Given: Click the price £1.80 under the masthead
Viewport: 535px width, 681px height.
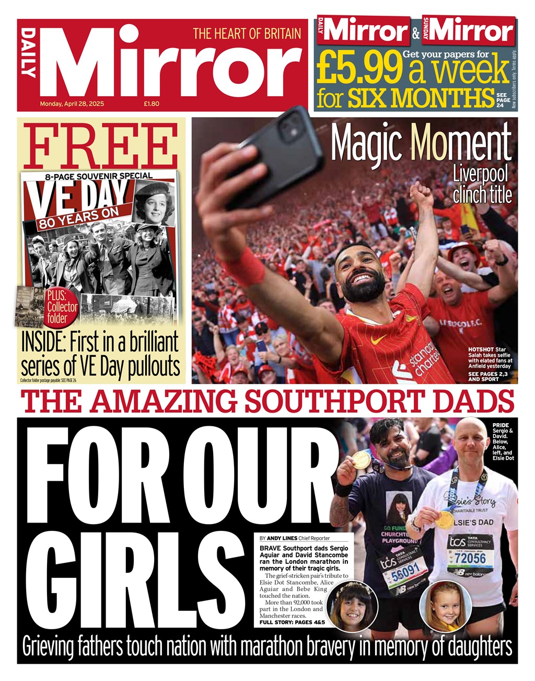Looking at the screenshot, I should pyautogui.click(x=152, y=104).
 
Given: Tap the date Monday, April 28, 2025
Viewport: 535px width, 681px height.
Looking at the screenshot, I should pyautogui.click(x=72, y=104).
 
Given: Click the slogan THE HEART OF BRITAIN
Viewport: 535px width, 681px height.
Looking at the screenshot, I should pyautogui.click(x=247, y=34).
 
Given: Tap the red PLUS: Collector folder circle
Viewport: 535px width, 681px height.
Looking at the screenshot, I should pyautogui.click(x=62, y=307).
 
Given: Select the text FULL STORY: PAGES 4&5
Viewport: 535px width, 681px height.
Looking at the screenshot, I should pyautogui.click(x=292, y=622).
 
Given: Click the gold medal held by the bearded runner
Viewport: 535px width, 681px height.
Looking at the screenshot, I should pyautogui.click(x=360, y=460).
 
